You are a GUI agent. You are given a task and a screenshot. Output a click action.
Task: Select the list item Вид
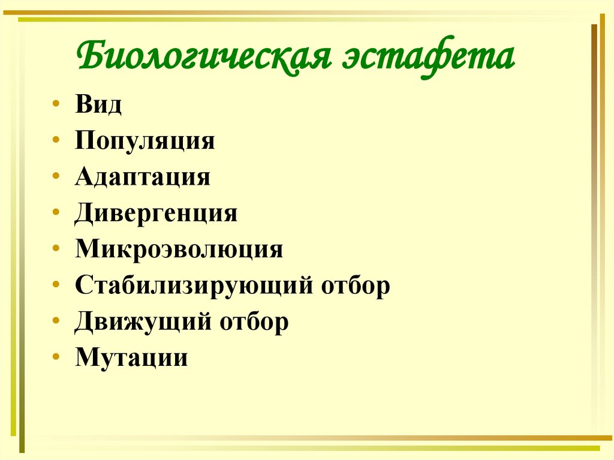pyautogui.click(x=99, y=105)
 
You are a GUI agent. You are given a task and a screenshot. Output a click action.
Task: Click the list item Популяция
pyautogui.click(x=145, y=142)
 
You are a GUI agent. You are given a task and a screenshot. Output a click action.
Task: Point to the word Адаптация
pyautogui.click(x=143, y=178)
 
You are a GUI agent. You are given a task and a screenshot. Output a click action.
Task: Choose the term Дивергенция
pyautogui.click(x=156, y=214)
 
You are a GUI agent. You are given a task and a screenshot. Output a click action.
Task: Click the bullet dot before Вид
pyautogui.click(x=56, y=104)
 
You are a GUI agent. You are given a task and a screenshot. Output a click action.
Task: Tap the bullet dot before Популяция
pyautogui.click(x=56, y=140)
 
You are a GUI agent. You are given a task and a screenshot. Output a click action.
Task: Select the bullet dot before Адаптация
pyautogui.click(x=56, y=176)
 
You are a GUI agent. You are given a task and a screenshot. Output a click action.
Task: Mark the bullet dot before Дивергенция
pyautogui.click(x=56, y=212)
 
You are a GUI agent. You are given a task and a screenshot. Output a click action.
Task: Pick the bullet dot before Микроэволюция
pyautogui.click(x=56, y=248)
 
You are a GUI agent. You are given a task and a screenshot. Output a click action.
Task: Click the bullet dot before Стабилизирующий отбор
pyautogui.click(x=56, y=284)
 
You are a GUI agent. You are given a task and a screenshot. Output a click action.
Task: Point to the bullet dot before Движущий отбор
pyautogui.click(x=56, y=320)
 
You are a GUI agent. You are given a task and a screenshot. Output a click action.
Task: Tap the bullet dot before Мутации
pyautogui.click(x=56, y=357)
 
